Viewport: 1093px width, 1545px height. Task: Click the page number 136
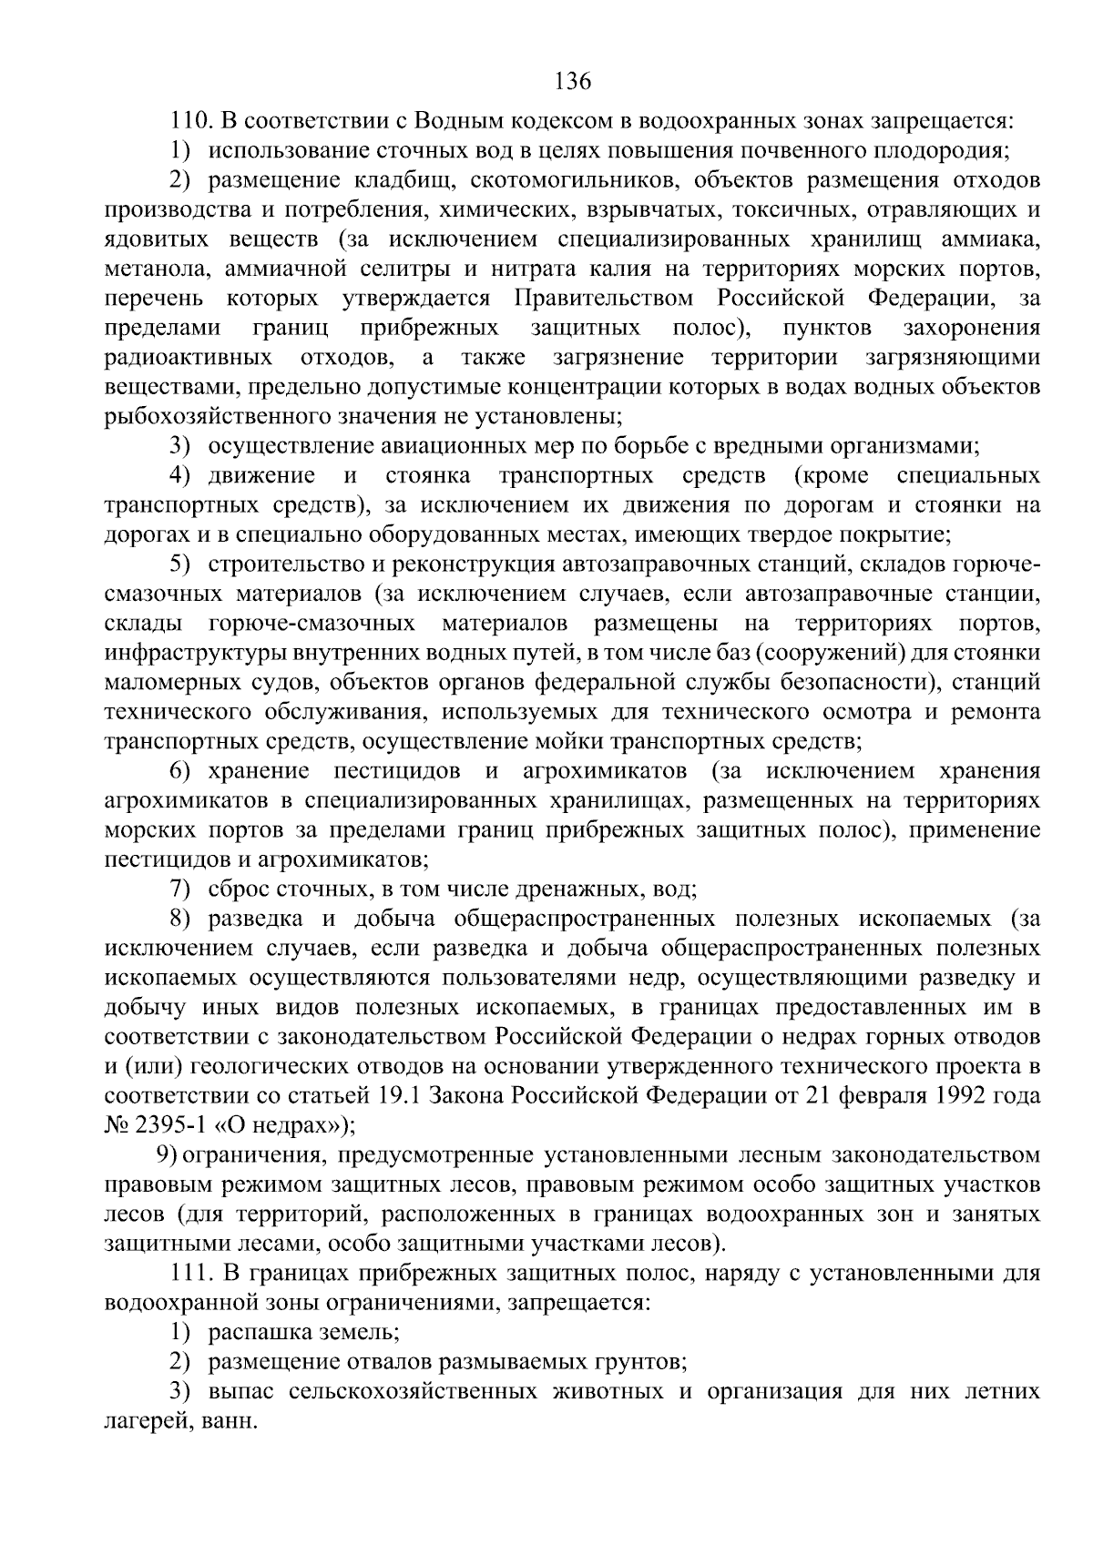coord(573,82)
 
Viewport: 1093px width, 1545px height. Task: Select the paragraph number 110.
coord(191,121)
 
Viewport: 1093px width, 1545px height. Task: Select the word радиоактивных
coord(188,358)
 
